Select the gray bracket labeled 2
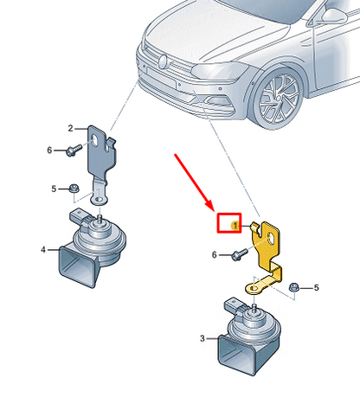(x=101, y=156)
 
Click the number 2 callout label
(x=71, y=128)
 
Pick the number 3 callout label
(x=202, y=338)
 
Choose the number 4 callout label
(x=43, y=249)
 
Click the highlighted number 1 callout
(x=235, y=226)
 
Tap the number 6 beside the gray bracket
(x=49, y=150)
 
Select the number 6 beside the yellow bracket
(x=214, y=255)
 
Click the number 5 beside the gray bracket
(x=54, y=189)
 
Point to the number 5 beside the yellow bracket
(x=317, y=288)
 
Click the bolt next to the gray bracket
(x=74, y=150)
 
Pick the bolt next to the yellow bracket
(x=240, y=255)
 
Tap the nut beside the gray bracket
(x=74, y=189)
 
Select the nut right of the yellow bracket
(x=294, y=287)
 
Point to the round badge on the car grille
(x=163, y=61)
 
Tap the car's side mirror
(x=335, y=16)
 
